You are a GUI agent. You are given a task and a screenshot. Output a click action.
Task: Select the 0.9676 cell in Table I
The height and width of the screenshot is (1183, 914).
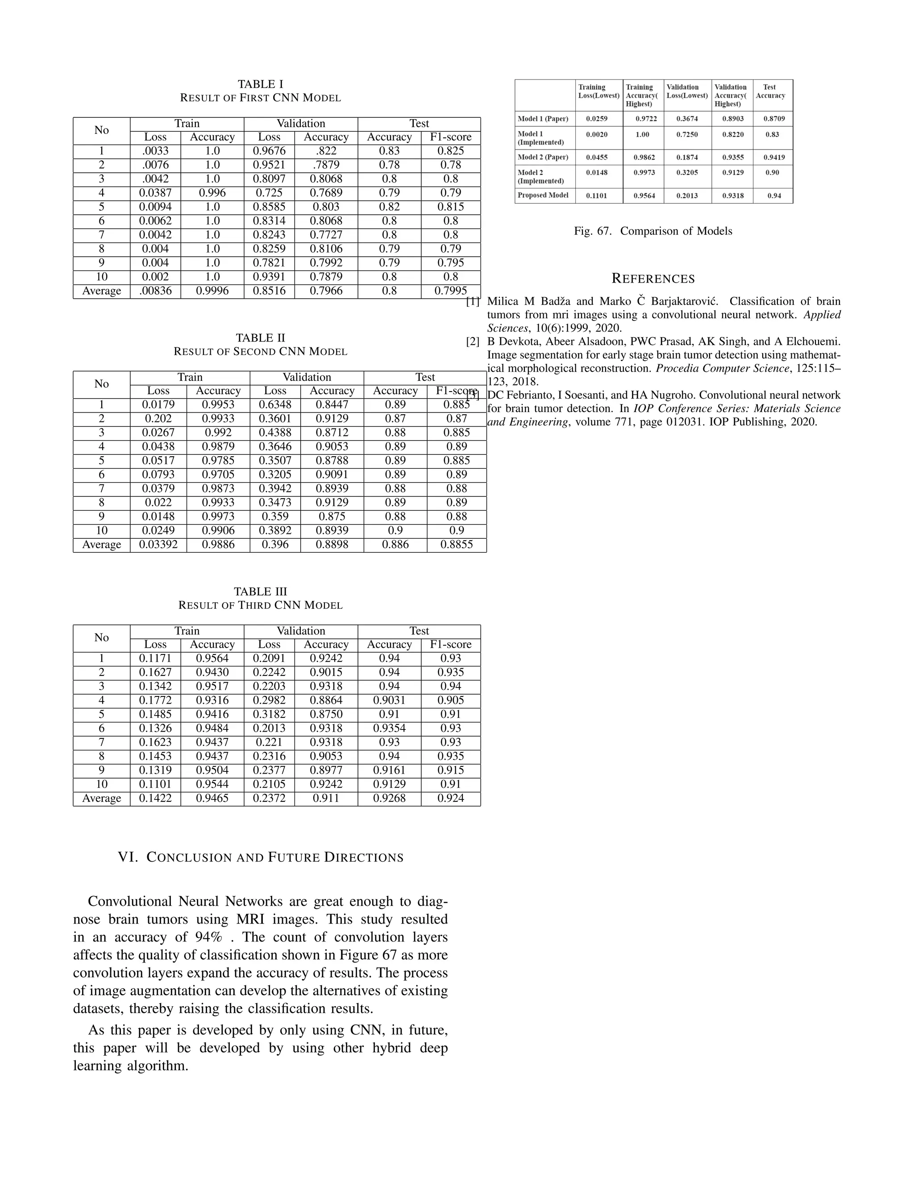pyautogui.click(x=269, y=151)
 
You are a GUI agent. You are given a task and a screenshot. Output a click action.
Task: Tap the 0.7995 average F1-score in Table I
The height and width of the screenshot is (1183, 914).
pyautogui.click(x=450, y=291)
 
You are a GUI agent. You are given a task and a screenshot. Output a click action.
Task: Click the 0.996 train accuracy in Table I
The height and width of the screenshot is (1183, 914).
pyautogui.click(x=212, y=193)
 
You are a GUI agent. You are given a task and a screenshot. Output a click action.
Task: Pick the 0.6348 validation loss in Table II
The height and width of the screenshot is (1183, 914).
pyautogui.click(x=275, y=404)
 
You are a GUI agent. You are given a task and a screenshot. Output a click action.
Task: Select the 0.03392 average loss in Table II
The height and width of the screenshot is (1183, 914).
pyautogui.click(x=158, y=544)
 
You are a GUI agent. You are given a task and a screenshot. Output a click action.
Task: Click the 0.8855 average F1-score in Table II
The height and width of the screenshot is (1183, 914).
pyautogui.click(x=457, y=544)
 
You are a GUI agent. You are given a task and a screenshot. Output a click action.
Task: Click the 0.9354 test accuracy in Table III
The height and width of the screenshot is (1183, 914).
pyautogui.click(x=389, y=729)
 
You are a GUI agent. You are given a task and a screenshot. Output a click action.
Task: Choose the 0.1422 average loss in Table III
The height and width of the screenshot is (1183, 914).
pyautogui.click(x=155, y=799)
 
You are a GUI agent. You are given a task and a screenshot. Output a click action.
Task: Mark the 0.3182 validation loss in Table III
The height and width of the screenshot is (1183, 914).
pyautogui.click(x=269, y=714)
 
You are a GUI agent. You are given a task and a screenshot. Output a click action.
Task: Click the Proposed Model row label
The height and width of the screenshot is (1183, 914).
pyautogui.click(x=543, y=195)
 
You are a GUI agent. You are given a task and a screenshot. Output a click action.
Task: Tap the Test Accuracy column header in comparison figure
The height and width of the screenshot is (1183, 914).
pyautogui.click(x=770, y=91)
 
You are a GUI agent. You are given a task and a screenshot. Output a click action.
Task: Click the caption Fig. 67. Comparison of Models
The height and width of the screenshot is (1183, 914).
pyautogui.click(x=652, y=231)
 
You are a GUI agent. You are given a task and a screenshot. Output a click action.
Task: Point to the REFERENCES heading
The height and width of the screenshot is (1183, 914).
pyautogui.click(x=652, y=279)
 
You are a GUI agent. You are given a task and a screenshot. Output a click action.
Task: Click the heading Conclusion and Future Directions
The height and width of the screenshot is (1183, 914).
pyautogui.click(x=261, y=858)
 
